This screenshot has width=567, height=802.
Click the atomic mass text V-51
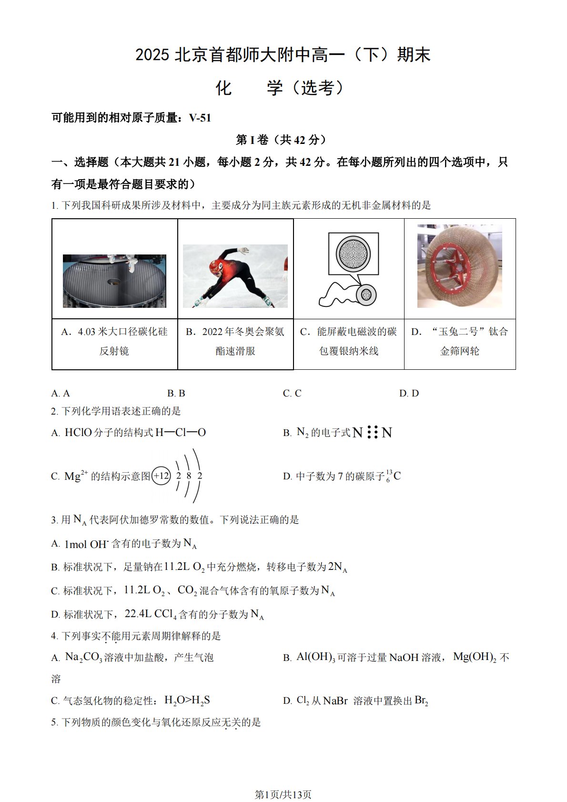pyautogui.click(x=200, y=118)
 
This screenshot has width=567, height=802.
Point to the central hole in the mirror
pyautogui.click(x=114, y=282)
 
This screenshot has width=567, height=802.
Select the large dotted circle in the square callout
pyautogui.click(x=353, y=254)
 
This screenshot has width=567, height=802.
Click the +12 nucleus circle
pyautogui.click(x=161, y=476)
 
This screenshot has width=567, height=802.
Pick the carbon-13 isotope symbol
pyautogui.click(x=393, y=476)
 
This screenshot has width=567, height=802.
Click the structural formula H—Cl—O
pyautogui.click(x=181, y=433)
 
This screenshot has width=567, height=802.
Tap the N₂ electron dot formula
pyautogui.click(x=372, y=433)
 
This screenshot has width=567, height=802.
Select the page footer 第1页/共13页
pyautogui.click(x=283, y=792)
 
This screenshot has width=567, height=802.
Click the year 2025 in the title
pyautogui.click(x=152, y=55)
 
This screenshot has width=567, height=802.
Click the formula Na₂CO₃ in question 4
pyautogui.click(x=84, y=657)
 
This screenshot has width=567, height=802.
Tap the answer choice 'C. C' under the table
pyautogui.click(x=292, y=393)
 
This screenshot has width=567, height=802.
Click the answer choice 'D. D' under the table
pyautogui.click(x=409, y=393)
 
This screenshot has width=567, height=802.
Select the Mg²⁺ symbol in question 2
pyautogui.click(x=76, y=476)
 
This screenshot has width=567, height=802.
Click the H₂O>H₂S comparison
pyautogui.click(x=187, y=700)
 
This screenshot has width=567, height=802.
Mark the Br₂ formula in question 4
pyautogui.click(x=421, y=700)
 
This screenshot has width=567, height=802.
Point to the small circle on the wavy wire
pyautogui.click(x=366, y=295)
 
